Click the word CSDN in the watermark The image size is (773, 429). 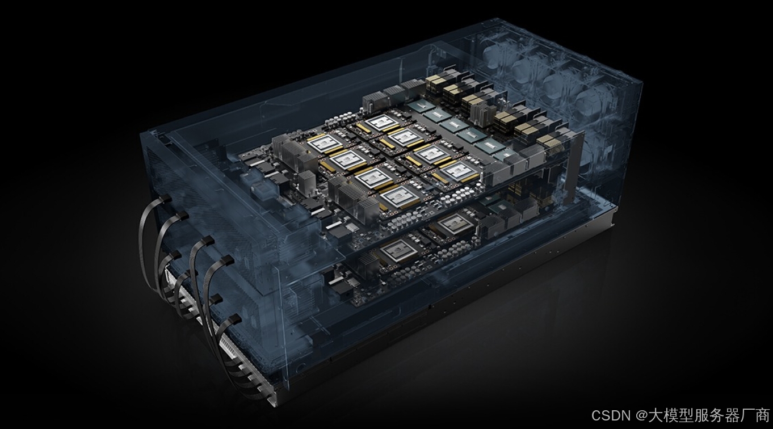click(x=611, y=415)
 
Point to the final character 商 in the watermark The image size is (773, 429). click(x=761, y=415)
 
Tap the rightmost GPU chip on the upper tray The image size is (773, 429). click(x=459, y=170)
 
